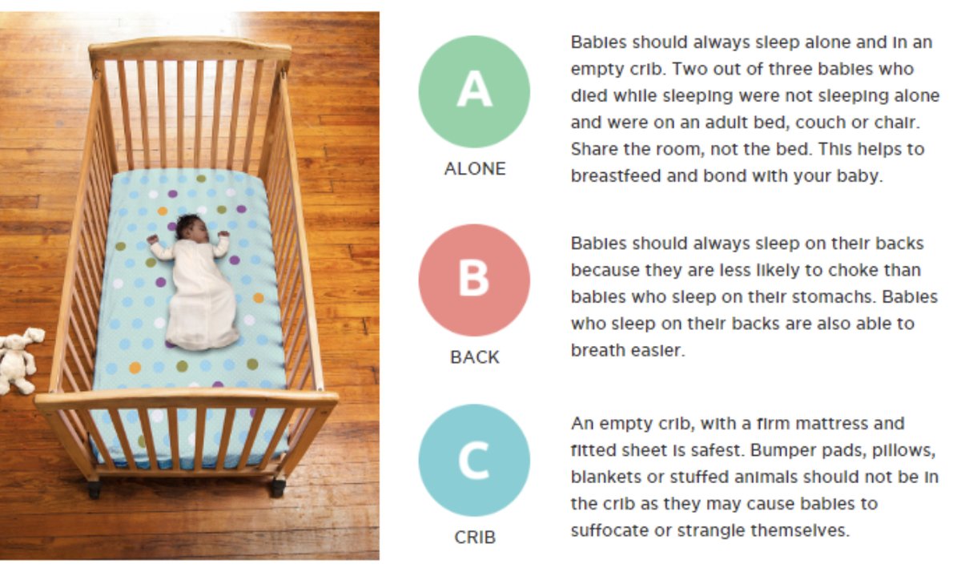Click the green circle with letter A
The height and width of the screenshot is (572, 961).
(474, 91)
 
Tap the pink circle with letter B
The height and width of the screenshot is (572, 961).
(474, 280)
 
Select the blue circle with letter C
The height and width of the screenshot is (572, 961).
(474, 460)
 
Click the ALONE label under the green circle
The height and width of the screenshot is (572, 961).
(475, 169)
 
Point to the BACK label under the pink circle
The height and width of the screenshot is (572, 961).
(475, 357)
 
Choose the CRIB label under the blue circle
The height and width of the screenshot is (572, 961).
(475, 538)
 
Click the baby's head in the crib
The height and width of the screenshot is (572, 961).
(189, 228)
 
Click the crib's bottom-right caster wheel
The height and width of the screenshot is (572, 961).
(278, 486)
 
